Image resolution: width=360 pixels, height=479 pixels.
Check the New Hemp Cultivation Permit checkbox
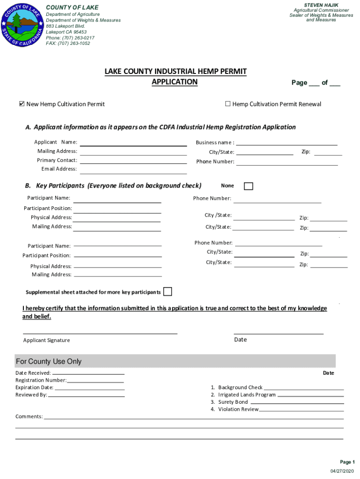(21, 104)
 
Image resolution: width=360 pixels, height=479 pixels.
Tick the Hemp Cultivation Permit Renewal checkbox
(228, 104)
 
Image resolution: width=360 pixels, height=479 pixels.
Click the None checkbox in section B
(249, 186)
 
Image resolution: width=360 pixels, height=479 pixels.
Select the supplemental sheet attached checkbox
(167, 292)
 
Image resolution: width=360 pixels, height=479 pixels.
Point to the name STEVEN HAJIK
(321, 5)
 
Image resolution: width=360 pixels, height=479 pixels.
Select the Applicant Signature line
(101, 333)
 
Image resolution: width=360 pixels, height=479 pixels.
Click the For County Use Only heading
(49, 362)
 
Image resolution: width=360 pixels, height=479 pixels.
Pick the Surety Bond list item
(233, 402)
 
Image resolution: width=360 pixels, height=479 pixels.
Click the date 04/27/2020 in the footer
(342, 470)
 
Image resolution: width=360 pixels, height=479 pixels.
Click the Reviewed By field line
(86, 396)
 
